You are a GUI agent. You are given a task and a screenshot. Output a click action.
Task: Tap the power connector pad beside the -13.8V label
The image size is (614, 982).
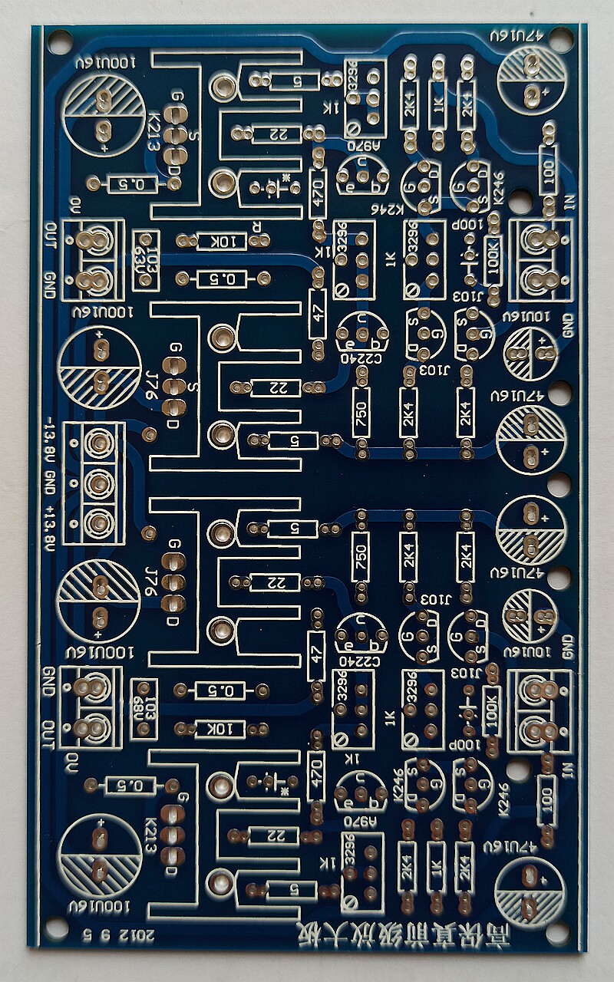tap(97, 443)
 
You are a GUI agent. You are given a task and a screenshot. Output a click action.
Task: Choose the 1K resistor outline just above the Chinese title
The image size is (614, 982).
tap(437, 866)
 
